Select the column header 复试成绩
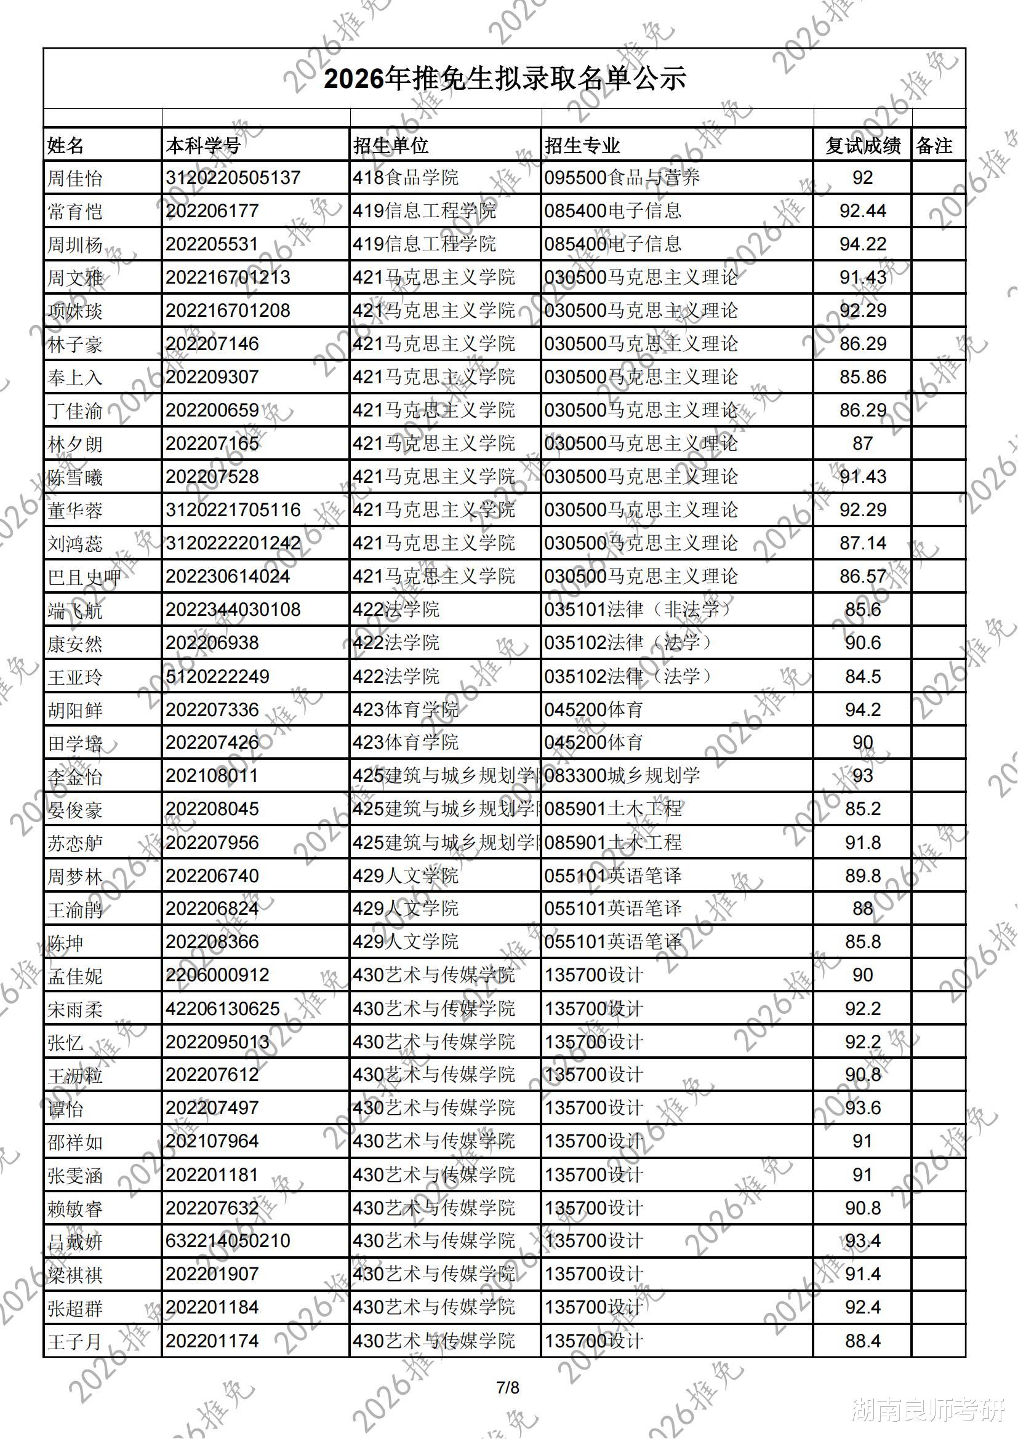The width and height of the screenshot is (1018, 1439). (x=862, y=146)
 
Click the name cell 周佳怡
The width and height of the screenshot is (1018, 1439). (x=74, y=178)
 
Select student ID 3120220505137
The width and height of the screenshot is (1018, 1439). (x=233, y=178)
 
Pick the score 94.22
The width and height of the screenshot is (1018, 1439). (x=862, y=244)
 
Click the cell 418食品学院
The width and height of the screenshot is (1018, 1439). (x=406, y=178)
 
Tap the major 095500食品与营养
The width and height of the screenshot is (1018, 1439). (x=622, y=178)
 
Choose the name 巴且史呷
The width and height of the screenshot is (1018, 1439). (x=84, y=577)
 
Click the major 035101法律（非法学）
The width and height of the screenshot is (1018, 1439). (x=638, y=610)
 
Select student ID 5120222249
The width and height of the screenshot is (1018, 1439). (x=217, y=676)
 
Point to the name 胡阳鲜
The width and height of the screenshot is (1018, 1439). (x=74, y=710)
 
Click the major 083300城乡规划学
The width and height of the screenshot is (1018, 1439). (x=622, y=776)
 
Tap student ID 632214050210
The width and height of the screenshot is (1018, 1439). (x=228, y=1241)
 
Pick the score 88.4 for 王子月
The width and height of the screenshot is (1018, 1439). (x=862, y=1341)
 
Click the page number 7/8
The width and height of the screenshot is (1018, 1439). (x=508, y=1387)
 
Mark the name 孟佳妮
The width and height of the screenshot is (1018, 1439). (x=74, y=976)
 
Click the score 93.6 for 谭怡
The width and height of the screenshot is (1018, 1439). (x=862, y=1108)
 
